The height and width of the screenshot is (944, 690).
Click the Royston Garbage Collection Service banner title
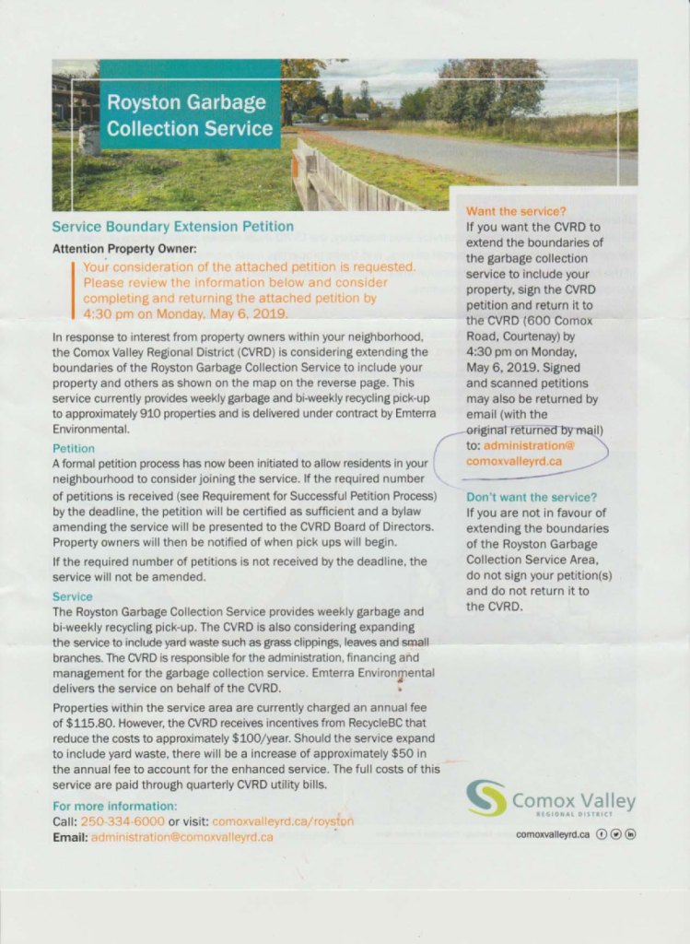tap(190, 115)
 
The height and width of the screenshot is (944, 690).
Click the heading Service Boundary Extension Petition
tap(173, 226)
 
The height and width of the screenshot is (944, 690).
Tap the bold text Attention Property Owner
tap(124, 249)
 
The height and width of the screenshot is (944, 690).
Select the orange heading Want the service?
tap(516, 212)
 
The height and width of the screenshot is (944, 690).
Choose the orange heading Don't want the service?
tap(532, 497)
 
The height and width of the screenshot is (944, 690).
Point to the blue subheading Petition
tap(74, 448)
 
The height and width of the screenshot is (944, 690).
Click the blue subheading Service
tap(71, 596)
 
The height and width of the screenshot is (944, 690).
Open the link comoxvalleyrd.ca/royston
tap(283, 820)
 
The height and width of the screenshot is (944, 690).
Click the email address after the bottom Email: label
tap(181, 837)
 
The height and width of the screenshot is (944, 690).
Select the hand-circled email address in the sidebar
tap(520, 453)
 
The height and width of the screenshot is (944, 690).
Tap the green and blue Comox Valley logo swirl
tap(485, 798)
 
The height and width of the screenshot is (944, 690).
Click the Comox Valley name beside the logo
tap(573, 801)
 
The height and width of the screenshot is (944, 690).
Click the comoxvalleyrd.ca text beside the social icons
tap(553, 834)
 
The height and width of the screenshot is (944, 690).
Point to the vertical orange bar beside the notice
tap(74, 288)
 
